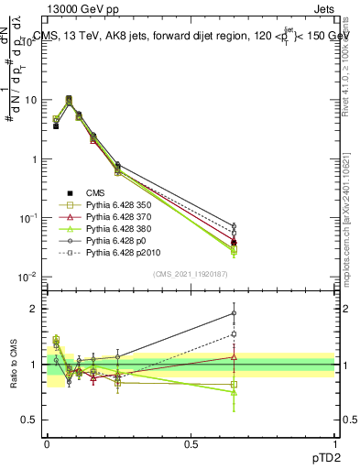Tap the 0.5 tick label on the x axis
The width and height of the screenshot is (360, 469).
pyautogui.click(x=190, y=443)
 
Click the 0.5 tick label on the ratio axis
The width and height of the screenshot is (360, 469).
pyautogui.click(x=30, y=420)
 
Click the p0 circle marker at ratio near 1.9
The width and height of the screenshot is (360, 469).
pyautogui.click(x=234, y=313)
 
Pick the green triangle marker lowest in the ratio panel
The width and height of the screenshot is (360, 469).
pyautogui.click(x=234, y=392)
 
